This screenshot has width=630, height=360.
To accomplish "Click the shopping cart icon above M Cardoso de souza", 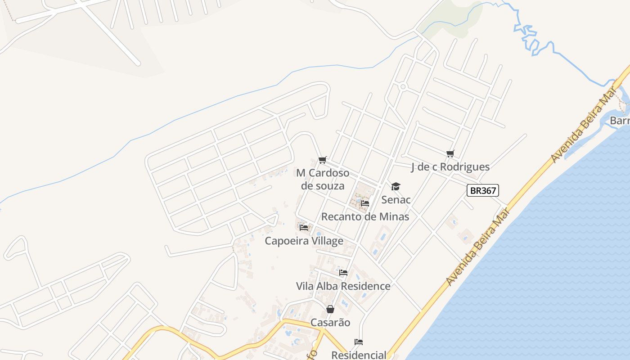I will (322, 160).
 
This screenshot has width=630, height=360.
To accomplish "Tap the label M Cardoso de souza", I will (323, 180).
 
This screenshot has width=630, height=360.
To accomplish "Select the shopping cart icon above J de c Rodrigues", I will (450, 154).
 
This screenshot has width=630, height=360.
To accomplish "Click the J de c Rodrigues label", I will (450, 167).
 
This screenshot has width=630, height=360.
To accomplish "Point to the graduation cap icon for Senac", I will (396, 186).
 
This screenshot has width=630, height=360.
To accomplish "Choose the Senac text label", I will (396, 199).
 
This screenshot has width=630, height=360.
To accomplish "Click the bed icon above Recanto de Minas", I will (364, 203).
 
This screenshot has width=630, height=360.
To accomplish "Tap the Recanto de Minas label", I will (365, 216).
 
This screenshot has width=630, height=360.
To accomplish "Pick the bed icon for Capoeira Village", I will (304, 228).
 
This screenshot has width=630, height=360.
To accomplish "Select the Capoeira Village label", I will (304, 241).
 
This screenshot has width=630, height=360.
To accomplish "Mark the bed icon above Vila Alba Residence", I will (343, 273).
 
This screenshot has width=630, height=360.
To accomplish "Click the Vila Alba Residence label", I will (343, 286).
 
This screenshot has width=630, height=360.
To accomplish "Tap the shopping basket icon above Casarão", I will (330, 309).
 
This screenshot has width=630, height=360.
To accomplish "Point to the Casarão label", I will (330, 323).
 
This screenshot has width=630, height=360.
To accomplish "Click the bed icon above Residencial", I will (359, 342).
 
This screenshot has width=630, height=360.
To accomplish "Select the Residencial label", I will (359, 355).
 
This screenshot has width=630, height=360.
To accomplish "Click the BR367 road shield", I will (483, 191).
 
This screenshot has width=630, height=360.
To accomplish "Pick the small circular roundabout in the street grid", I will (403, 86).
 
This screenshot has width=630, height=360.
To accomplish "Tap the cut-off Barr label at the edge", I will (620, 121).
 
